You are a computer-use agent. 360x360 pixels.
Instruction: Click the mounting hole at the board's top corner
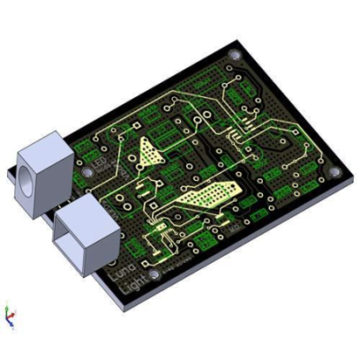[236, 56]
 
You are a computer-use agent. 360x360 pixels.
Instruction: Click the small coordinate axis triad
[10, 316]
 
